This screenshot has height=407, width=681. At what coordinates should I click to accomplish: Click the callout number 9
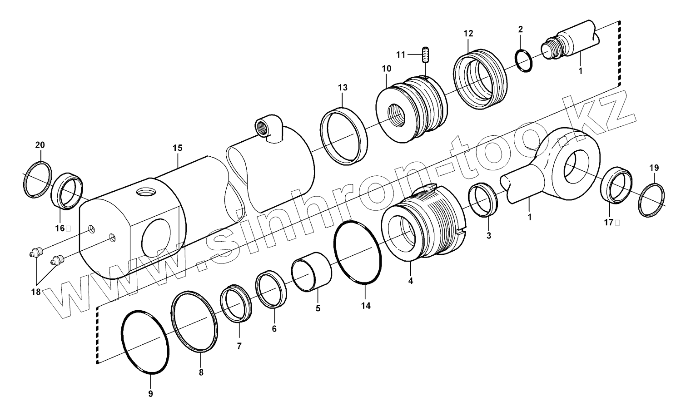click(x=151, y=393)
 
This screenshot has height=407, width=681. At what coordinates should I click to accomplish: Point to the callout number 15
click(x=177, y=148)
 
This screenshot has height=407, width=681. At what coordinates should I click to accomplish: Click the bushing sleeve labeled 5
click(x=311, y=271)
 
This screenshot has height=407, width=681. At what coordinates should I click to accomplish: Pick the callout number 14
click(x=366, y=306)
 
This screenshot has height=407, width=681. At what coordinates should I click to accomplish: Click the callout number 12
click(x=468, y=33)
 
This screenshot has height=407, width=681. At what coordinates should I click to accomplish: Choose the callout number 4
click(x=410, y=281)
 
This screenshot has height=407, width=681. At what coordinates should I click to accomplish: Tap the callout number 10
click(x=386, y=69)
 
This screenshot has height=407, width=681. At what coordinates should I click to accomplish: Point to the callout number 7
click(x=239, y=346)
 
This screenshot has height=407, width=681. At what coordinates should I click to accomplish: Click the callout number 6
click(x=274, y=328)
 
